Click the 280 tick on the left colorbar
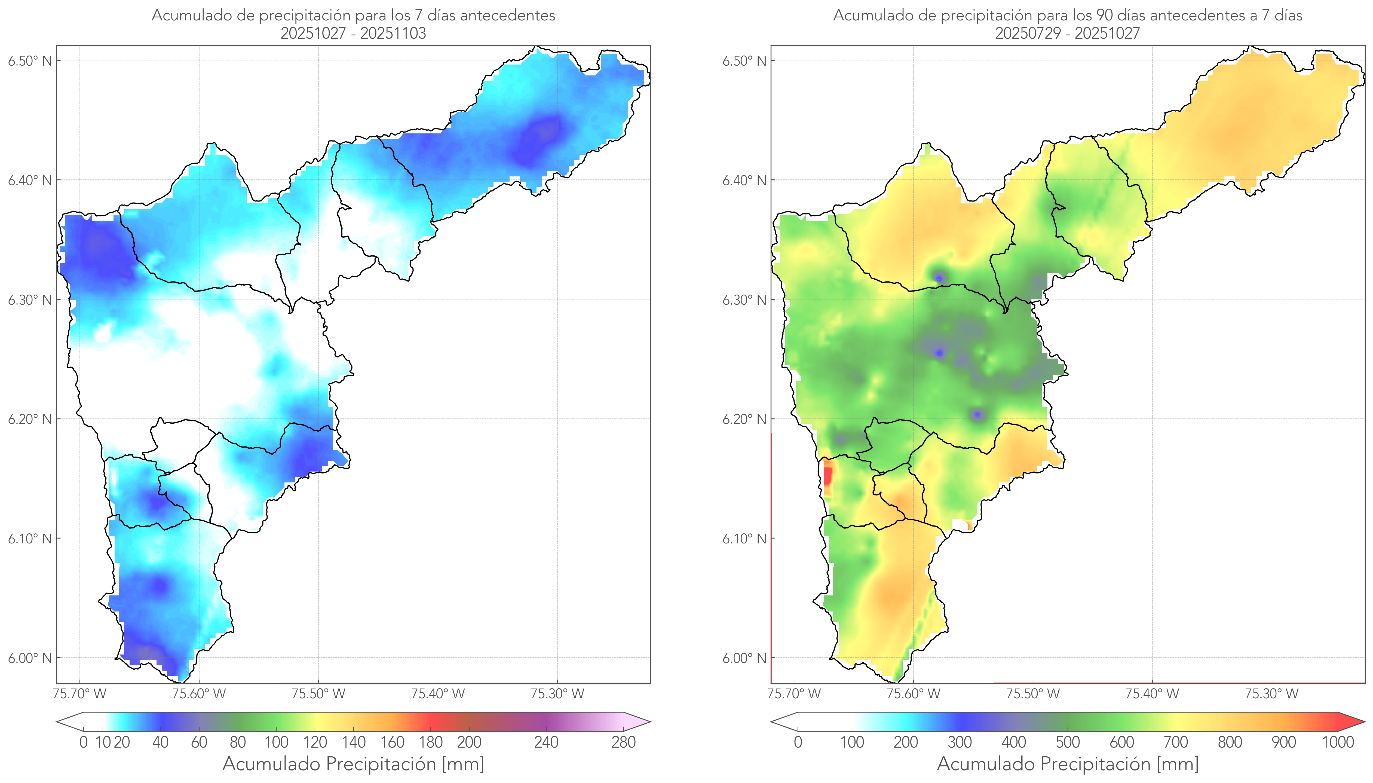624,743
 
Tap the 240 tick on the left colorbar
546,743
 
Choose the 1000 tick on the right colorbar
1338,743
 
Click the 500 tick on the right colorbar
1068,743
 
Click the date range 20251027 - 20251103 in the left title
353,33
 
